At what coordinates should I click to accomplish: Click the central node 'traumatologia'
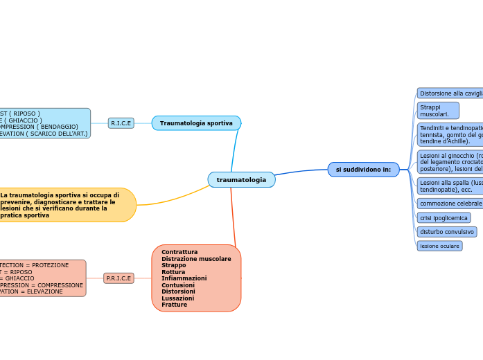(241, 180)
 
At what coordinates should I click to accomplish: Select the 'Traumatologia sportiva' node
(196, 123)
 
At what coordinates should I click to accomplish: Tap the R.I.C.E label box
(121, 123)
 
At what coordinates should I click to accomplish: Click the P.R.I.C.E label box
(118, 278)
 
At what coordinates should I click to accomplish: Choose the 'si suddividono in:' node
(363, 170)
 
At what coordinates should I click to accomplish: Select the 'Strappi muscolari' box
(437, 111)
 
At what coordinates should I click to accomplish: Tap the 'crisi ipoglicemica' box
(444, 218)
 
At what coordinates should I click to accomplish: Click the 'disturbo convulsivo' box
(446, 232)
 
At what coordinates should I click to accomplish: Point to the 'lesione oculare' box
(439, 246)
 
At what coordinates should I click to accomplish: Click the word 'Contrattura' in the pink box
(179, 252)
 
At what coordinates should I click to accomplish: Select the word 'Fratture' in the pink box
(174, 305)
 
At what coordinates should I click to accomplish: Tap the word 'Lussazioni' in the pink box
(177, 298)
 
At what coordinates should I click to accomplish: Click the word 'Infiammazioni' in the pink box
(184, 278)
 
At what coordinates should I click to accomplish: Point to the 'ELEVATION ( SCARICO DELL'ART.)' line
(44, 134)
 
